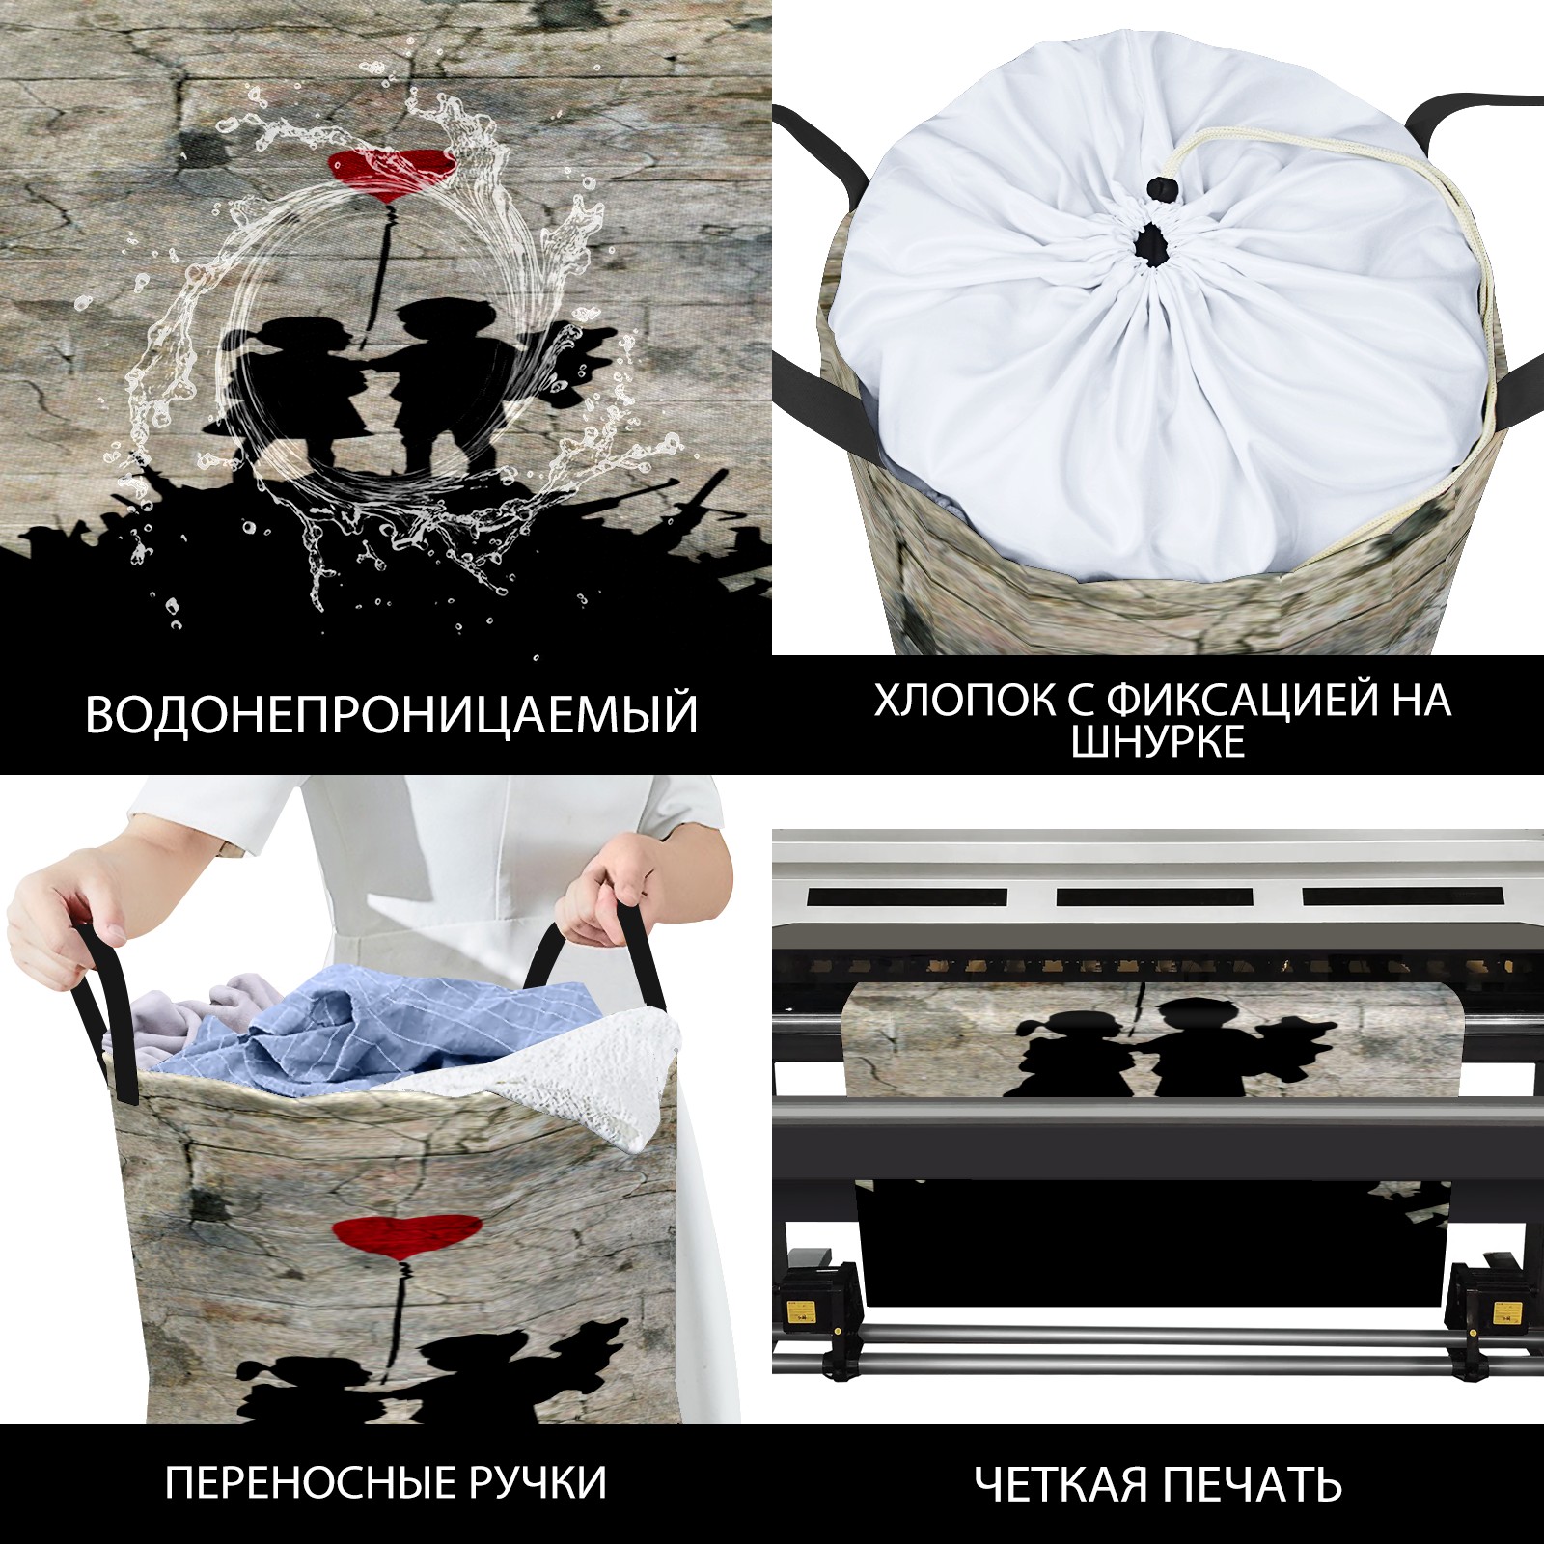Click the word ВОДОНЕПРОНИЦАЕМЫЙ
pos(391,714)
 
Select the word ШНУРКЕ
pos(1158,741)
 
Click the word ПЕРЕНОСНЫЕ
pos(307,1482)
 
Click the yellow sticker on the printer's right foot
pos(1503,1312)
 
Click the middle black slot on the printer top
pos(1154,896)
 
